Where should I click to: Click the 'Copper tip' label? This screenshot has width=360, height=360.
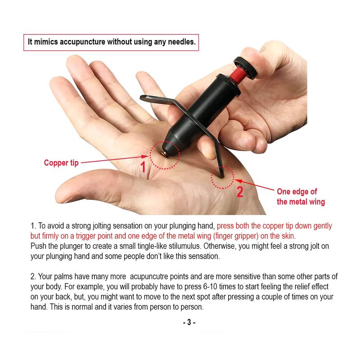click(61, 163)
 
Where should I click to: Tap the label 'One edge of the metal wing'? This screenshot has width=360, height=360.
click(301, 197)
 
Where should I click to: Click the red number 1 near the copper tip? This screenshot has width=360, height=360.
click(143, 166)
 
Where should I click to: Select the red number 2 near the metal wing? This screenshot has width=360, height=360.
click(240, 192)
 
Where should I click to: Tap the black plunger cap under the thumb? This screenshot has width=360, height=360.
click(245, 67)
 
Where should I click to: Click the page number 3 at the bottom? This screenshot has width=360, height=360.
click(189, 322)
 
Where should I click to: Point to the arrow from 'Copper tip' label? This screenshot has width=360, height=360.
click(115, 159)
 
